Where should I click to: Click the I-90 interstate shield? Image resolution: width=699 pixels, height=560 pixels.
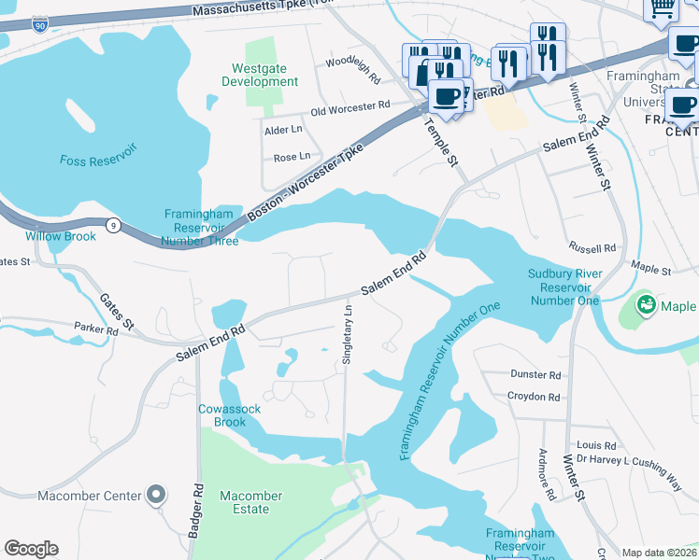(39, 24)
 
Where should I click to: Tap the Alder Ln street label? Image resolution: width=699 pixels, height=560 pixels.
(284, 130)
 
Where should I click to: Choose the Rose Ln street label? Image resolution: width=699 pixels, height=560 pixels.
(291, 158)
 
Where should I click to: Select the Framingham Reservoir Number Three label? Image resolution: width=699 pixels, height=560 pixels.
(201, 227)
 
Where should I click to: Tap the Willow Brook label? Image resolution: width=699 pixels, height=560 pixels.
(61, 236)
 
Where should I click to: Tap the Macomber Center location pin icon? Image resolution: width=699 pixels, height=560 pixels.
(156, 495)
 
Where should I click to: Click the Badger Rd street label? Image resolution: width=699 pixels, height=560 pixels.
(196, 509)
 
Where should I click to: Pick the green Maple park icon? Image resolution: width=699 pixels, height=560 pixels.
(645, 304)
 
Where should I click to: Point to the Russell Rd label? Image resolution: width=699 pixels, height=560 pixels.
(592, 248)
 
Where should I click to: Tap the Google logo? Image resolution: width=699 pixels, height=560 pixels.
(31, 549)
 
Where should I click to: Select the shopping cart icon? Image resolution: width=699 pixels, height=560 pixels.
(662, 7)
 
